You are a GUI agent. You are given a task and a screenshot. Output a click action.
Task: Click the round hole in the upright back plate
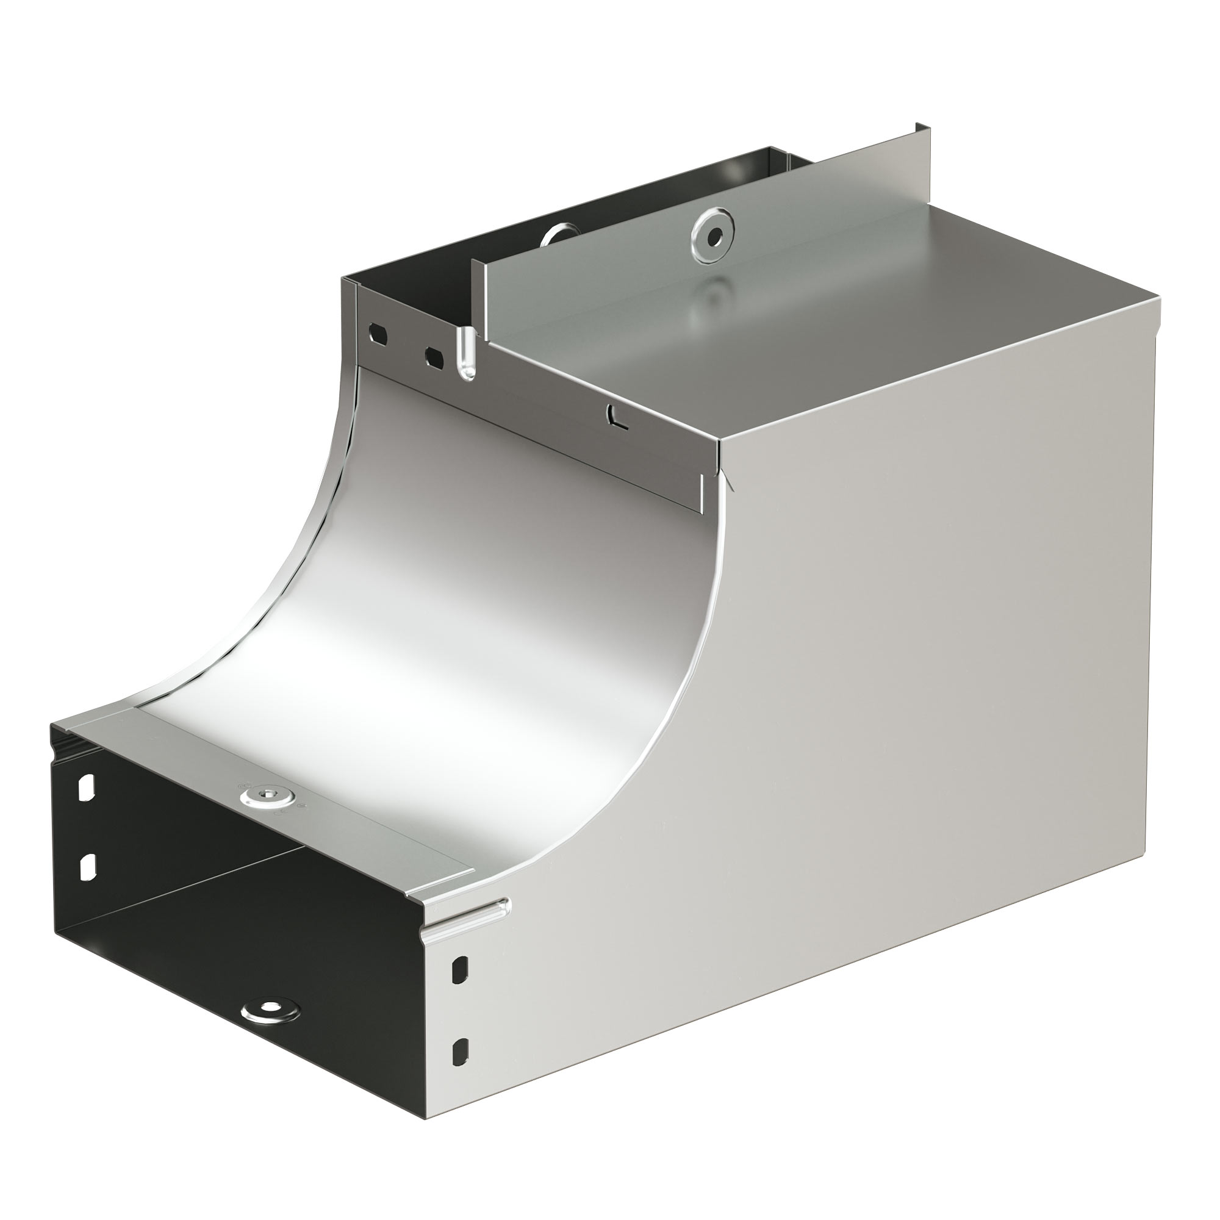tap(714, 237)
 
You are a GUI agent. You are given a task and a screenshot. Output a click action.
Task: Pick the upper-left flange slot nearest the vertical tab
tap(434, 357)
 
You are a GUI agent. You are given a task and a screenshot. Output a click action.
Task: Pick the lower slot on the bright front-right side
tap(462, 1052)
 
